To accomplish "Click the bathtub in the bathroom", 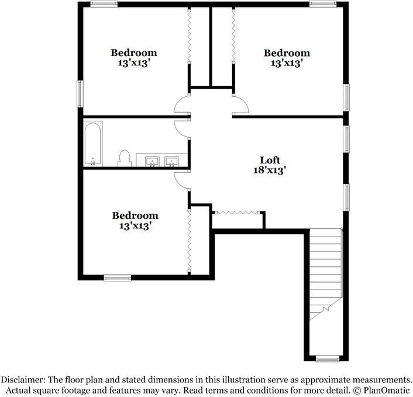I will point(92,144).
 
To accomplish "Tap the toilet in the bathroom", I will point(124,158).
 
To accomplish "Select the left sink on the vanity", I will point(152,161).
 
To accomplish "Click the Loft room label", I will point(270,160).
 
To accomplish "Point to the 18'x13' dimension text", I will point(270,170).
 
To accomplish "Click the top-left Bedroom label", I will point(134,53).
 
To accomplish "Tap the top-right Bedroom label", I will point(287,53).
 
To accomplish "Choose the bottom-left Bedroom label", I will point(135,215).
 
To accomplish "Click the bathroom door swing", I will point(182,128).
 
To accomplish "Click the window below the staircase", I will point(326,358).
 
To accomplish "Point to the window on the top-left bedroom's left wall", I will point(80,96).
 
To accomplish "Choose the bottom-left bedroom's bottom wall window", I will point(117,277).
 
